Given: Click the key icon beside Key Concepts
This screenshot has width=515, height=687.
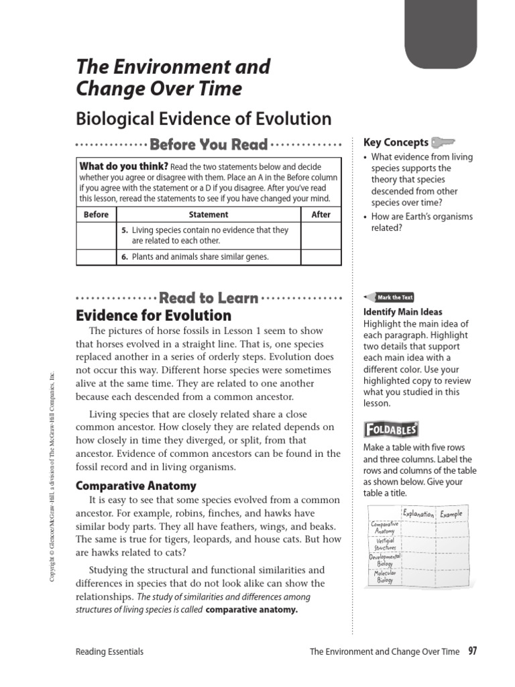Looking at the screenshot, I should (443, 142).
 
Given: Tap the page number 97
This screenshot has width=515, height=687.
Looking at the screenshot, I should (473, 651).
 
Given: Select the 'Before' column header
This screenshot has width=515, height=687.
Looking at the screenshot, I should (96, 215).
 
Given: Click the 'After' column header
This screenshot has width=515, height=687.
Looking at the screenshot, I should (321, 215).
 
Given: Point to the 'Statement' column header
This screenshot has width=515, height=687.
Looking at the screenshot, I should (209, 215).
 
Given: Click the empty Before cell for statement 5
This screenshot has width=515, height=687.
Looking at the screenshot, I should (96, 235).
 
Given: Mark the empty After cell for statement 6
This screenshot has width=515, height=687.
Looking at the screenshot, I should (321, 257).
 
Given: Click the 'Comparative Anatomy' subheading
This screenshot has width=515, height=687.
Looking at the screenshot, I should (136, 485).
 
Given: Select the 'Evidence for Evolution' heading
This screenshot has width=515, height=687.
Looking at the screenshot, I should (154, 315).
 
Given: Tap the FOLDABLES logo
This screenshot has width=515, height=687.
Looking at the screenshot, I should (391, 429).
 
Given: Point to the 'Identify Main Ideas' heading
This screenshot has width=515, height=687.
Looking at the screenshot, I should (402, 312).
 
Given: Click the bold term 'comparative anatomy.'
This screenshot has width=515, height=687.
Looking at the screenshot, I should (251, 610).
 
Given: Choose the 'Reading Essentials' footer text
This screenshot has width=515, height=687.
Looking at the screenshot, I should (110, 651).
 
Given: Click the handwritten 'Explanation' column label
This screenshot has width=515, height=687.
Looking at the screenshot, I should (418, 515).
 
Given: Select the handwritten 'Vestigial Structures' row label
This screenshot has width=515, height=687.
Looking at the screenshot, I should (385, 543).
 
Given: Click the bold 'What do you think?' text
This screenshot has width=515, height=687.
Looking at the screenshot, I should (123, 166).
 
